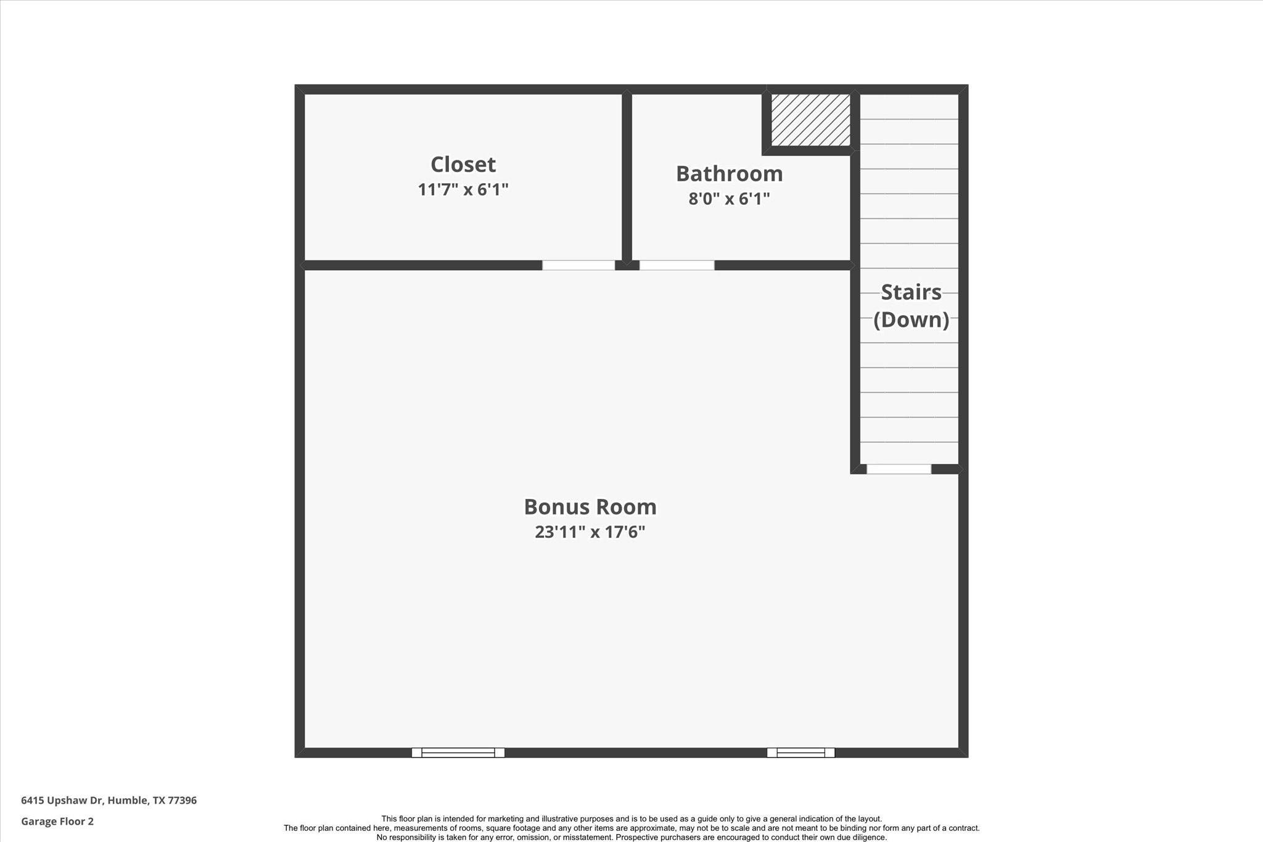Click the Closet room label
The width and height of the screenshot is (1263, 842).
[463, 165]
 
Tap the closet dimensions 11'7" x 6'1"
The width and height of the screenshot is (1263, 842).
[463, 189]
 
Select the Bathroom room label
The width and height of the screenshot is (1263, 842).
[730, 174]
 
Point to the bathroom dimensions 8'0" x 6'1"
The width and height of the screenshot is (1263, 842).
[730, 199]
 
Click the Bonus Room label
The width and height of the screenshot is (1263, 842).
[590, 507]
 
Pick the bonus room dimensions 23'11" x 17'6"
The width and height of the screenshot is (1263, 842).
[590, 532]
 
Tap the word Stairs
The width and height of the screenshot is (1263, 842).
[911, 292]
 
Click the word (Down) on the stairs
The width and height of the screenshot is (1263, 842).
[911, 320]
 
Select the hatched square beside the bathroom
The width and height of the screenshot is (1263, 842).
[811, 120]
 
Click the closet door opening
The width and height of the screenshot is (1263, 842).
[578, 265]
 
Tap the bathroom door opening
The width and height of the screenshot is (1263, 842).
[677, 265]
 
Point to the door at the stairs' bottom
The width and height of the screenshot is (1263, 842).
[899, 469]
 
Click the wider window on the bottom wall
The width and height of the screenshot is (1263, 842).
[458, 753]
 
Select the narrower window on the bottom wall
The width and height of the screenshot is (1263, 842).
[800, 753]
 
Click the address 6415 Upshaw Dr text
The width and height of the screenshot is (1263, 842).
[62, 801]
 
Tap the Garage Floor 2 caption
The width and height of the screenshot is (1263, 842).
[57, 822]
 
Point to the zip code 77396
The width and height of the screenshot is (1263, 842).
[182, 801]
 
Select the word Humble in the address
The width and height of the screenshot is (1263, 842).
[128, 801]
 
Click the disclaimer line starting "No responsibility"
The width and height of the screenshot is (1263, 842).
[631, 837]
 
